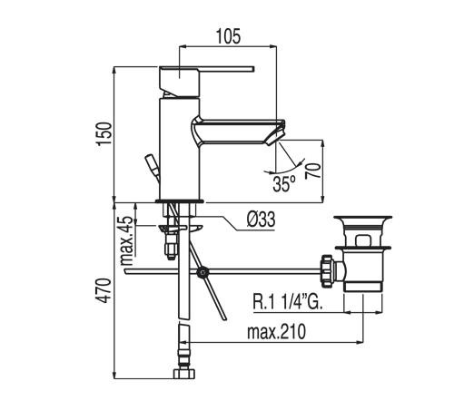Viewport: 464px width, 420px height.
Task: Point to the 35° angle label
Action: pos(284,183)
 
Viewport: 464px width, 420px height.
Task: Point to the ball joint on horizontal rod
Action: pos(202,270)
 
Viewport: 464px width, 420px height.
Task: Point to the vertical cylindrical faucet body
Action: pos(175,150)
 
